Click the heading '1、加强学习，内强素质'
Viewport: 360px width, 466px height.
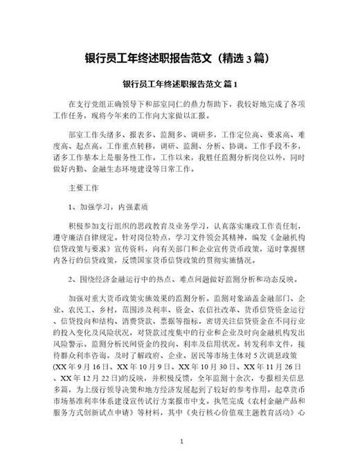point(111,206)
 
